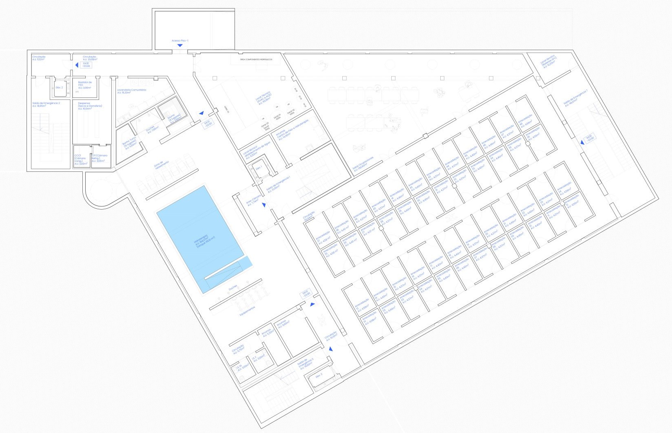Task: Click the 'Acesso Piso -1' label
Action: tap(180, 41)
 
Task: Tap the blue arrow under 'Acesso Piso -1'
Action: tap(180, 46)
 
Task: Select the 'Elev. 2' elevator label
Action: tap(59, 88)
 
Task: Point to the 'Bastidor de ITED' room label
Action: tap(85, 85)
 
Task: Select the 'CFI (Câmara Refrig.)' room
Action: tap(100, 158)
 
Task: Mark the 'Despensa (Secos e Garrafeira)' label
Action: tap(90, 106)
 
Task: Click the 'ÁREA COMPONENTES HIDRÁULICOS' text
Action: tap(257, 60)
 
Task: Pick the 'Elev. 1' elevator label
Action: tap(259, 168)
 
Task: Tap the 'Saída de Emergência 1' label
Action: tap(278, 184)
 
